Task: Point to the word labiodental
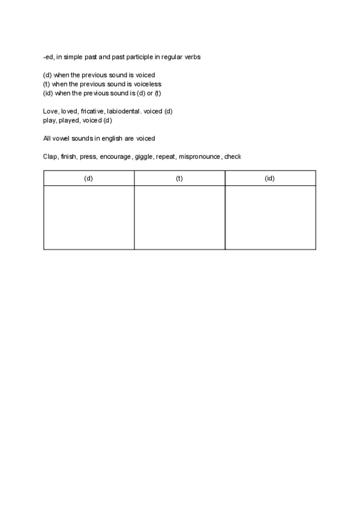[x=124, y=112]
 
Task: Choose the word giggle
[x=144, y=157]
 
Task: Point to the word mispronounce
[x=200, y=157]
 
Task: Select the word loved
[x=69, y=112]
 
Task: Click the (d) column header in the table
[x=89, y=178]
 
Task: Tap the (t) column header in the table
[x=179, y=178]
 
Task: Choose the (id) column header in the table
[x=270, y=178]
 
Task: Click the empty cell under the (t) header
[x=179, y=217]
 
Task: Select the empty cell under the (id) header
[x=270, y=217]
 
